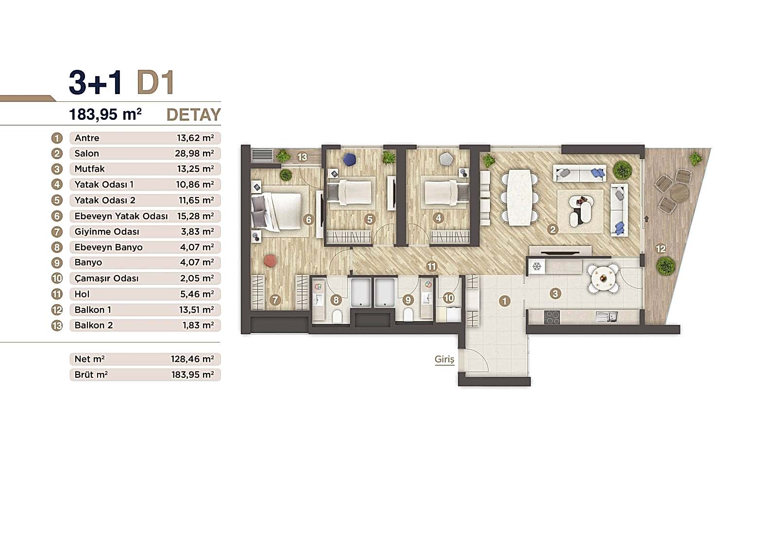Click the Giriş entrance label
pos(444,359)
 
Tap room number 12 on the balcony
pos(660,249)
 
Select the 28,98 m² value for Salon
pos(194,153)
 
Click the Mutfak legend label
pos(89,169)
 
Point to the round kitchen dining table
pos(603,278)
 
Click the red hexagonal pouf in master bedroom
pos(270,260)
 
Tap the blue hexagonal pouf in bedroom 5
pos(349,159)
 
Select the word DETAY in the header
pos(193,114)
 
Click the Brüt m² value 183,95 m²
pos(192,374)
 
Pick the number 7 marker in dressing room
pos(275,300)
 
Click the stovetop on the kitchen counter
pos(552,317)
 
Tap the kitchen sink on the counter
pos(607,317)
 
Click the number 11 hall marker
pos(431,266)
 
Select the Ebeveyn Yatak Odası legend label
pos(121,216)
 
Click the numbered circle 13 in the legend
pos(57,325)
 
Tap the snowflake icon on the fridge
pos(537,266)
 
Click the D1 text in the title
pos(155,82)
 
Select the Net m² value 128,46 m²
pos(192,359)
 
